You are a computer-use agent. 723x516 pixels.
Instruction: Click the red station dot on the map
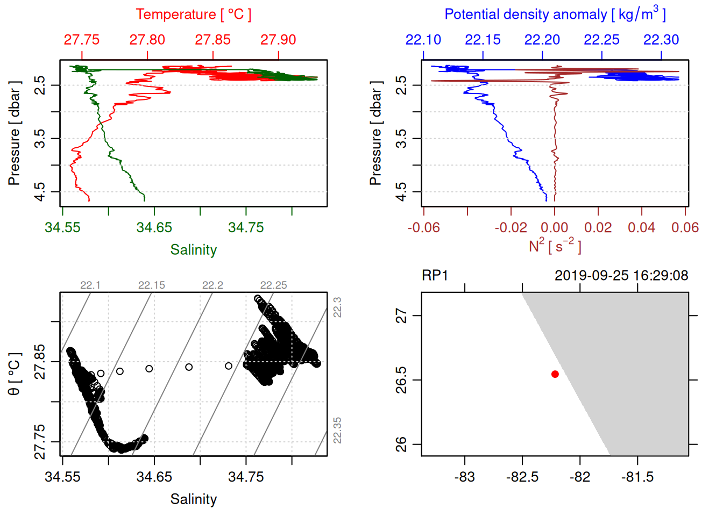click(555, 374)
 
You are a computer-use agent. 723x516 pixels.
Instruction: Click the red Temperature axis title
click(193, 15)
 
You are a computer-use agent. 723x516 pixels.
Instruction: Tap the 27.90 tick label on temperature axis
click(278, 40)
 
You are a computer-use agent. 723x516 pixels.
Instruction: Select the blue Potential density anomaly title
click(555, 15)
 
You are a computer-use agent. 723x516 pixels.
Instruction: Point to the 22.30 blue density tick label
click(661, 40)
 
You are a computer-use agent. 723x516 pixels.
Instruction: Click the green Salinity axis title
click(193, 250)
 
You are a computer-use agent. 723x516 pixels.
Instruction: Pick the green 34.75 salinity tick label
click(246, 227)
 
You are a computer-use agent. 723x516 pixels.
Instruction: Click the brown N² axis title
click(555, 246)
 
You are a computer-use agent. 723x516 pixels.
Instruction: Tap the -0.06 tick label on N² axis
click(423, 227)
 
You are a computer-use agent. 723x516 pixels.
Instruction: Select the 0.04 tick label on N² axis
click(641, 227)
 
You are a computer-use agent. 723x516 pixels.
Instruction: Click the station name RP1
click(435, 276)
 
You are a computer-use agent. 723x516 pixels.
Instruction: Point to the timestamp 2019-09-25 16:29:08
click(621, 276)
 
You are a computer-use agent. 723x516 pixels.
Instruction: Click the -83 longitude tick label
click(464, 477)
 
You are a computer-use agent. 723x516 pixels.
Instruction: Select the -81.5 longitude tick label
click(637, 477)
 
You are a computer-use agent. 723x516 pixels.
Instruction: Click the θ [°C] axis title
click(15, 374)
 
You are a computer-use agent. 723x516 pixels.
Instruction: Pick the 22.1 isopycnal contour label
click(90, 285)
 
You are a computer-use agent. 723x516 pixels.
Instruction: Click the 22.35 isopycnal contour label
click(337, 430)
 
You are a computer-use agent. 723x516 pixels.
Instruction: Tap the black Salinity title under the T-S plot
click(193, 499)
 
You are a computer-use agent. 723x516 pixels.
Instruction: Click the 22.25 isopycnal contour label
click(273, 285)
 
